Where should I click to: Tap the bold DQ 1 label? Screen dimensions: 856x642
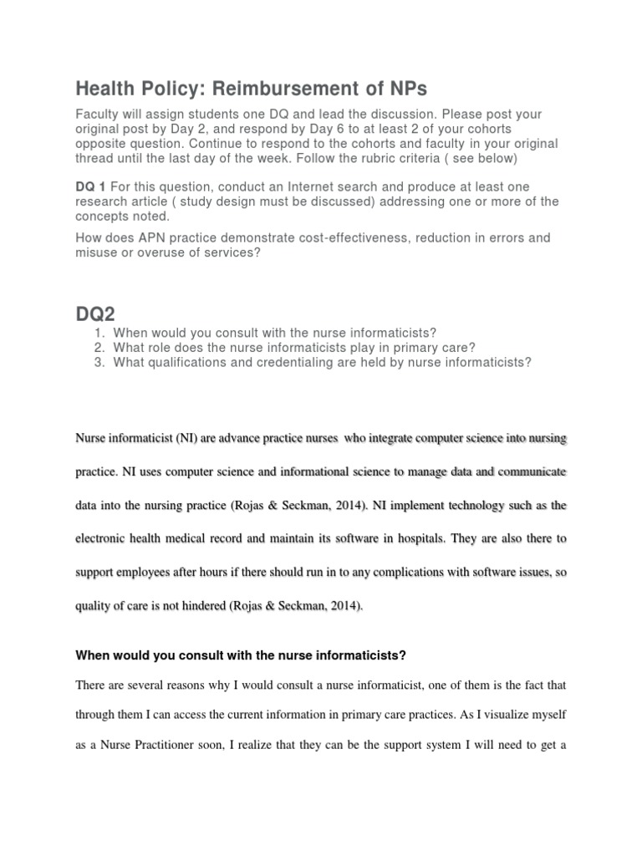point(89,186)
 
